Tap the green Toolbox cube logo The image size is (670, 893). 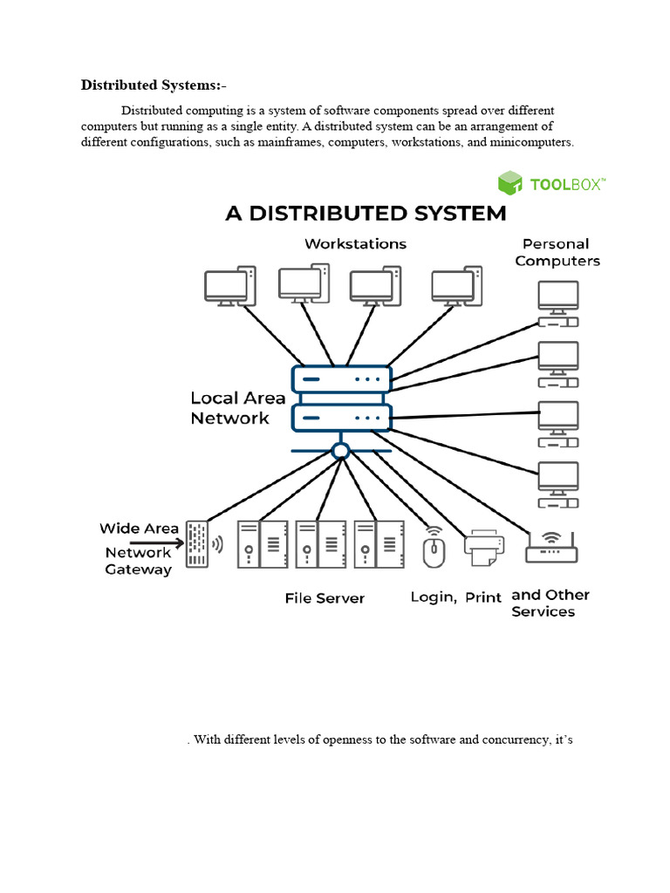click(x=510, y=183)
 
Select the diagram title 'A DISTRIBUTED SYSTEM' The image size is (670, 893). click(x=366, y=214)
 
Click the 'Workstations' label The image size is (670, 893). click(x=355, y=244)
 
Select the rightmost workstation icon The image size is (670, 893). click(x=457, y=286)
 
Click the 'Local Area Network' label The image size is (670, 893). click(x=237, y=408)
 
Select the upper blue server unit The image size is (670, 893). click(x=342, y=379)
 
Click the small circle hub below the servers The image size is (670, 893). click(x=341, y=451)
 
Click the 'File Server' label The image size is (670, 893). click(x=325, y=598)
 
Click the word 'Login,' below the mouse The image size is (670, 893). click(x=434, y=597)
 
